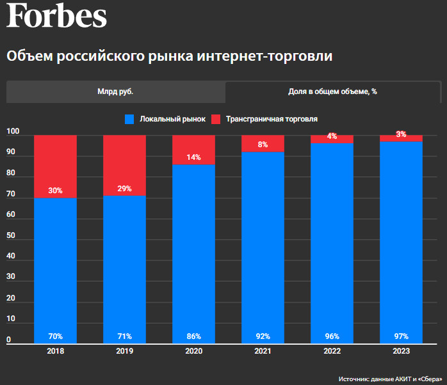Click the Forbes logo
pyautogui.click(x=56, y=15)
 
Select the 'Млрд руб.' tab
pyautogui.click(x=115, y=91)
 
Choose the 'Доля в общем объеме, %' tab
pyautogui.click(x=332, y=91)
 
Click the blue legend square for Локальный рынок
pyautogui.click(x=129, y=119)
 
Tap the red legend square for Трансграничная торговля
pyautogui.click(x=216, y=119)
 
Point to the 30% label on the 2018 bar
pyautogui.click(x=55, y=190)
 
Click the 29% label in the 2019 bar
pyautogui.click(x=124, y=188)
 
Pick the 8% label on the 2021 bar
pyautogui.click(x=263, y=145)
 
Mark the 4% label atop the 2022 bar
pyautogui.click(x=332, y=136)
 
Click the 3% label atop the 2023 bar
pyautogui.click(x=401, y=134)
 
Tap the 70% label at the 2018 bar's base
pyautogui.click(x=55, y=336)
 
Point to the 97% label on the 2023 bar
pyautogui.click(x=401, y=336)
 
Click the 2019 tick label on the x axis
pyautogui.click(x=124, y=351)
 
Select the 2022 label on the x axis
pyautogui.click(x=332, y=351)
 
